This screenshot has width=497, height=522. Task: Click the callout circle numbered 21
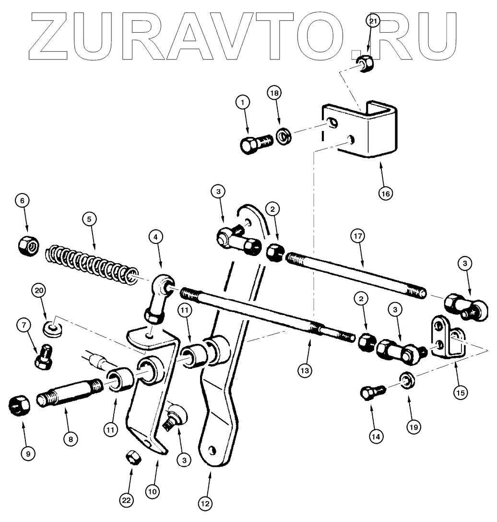click(x=373, y=21)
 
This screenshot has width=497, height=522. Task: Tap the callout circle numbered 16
click(x=385, y=193)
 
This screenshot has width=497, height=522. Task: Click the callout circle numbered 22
click(x=126, y=500)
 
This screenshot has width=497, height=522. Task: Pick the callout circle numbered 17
click(x=358, y=236)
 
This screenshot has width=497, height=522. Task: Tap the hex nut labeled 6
click(x=25, y=247)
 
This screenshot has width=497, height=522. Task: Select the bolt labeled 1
click(x=256, y=142)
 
